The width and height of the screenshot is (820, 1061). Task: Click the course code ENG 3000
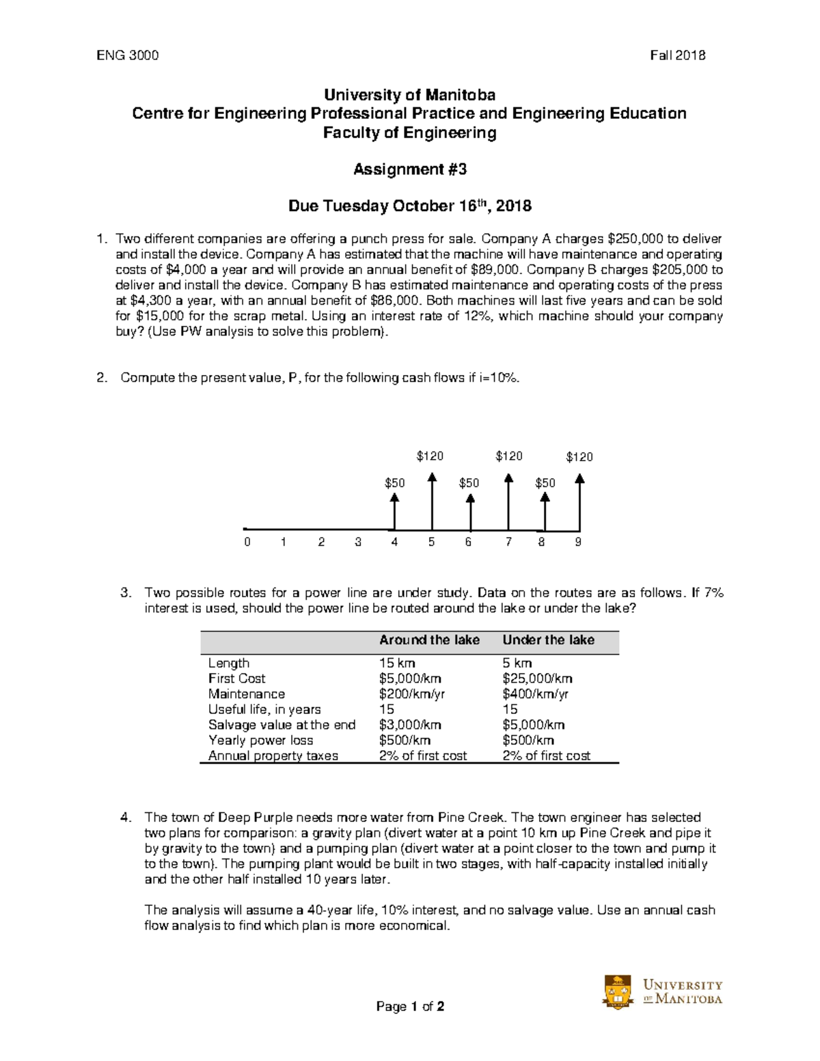pyautogui.click(x=128, y=56)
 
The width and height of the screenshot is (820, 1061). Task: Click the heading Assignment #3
pyautogui.click(x=409, y=169)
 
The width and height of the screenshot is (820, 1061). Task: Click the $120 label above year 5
pyautogui.click(x=430, y=456)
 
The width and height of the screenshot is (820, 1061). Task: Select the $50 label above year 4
pyautogui.click(x=394, y=483)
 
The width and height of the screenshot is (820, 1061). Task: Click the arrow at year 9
pyautogui.click(x=579, y=502)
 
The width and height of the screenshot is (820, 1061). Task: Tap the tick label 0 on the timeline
pyautogui.click(x=247, y=542)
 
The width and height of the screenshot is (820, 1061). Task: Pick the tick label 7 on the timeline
pyautogui.click(x=508, y=542)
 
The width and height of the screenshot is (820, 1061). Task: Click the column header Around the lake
pyautogui.click(x=429, y=640)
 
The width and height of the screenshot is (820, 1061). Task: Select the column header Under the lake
pyautogui.click(x=548, y=640)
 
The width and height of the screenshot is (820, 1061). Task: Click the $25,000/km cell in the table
pyautogui.click(x=537, y=678)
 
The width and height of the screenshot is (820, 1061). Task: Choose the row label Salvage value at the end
pyautogui.click(x=282, y=725)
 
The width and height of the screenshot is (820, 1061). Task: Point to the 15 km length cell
pyautogui.click(x=397, y=663)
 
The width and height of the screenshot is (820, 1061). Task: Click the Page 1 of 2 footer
pyautogui.click(x=410, y=1006)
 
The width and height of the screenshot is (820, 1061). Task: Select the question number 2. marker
pyautogui.click(x=102, y=378)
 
